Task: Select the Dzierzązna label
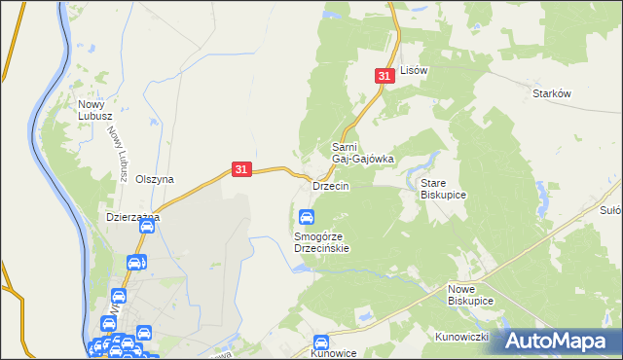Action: coord(132,218)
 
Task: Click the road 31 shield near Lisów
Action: coord(385,75)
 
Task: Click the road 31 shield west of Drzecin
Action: coord(242,169)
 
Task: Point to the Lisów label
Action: coord(415,71)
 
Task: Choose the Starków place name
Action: coord(551,93)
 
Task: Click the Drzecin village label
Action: coord(330,186)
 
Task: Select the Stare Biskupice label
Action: coord(443,189)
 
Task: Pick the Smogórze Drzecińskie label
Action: coord(321,242)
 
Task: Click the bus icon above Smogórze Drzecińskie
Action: coord(307,216)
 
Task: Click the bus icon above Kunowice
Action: coord(321,342)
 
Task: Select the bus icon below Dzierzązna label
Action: coord(147,227)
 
